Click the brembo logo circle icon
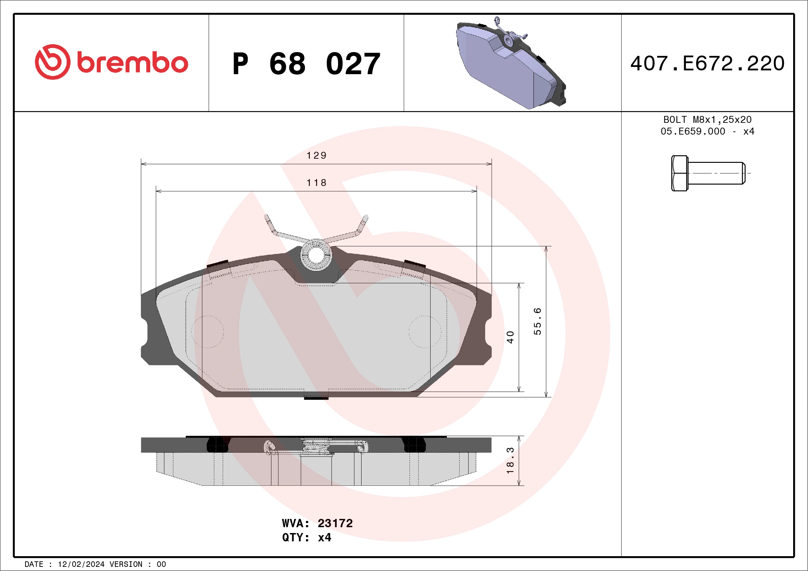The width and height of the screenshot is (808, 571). [52, 62]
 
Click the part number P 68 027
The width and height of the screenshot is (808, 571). [306, 64]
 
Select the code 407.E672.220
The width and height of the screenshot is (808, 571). [708, 63]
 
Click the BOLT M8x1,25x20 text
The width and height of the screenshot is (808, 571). [708, 119]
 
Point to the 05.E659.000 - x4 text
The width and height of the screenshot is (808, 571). [708, 131]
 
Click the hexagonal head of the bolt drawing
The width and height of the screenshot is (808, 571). [679, 173]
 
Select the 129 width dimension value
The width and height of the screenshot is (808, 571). [316, 155]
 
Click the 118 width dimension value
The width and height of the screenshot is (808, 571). [316, 183]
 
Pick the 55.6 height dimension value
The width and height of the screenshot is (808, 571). [537, 321]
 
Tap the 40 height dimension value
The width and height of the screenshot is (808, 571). [510, 337]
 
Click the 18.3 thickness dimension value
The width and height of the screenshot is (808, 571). [510, 461]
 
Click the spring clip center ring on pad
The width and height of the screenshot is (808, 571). [316, 256]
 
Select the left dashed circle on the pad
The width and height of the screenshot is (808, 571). [208, 332]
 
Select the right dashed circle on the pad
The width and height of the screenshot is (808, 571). [425, 332]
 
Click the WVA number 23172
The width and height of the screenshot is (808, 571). [335, 523]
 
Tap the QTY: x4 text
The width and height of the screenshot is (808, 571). [307, 538]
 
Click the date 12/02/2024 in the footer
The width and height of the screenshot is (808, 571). [81, 564]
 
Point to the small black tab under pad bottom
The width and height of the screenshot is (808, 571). [316, 398]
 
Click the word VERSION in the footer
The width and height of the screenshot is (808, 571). [126, 564]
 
